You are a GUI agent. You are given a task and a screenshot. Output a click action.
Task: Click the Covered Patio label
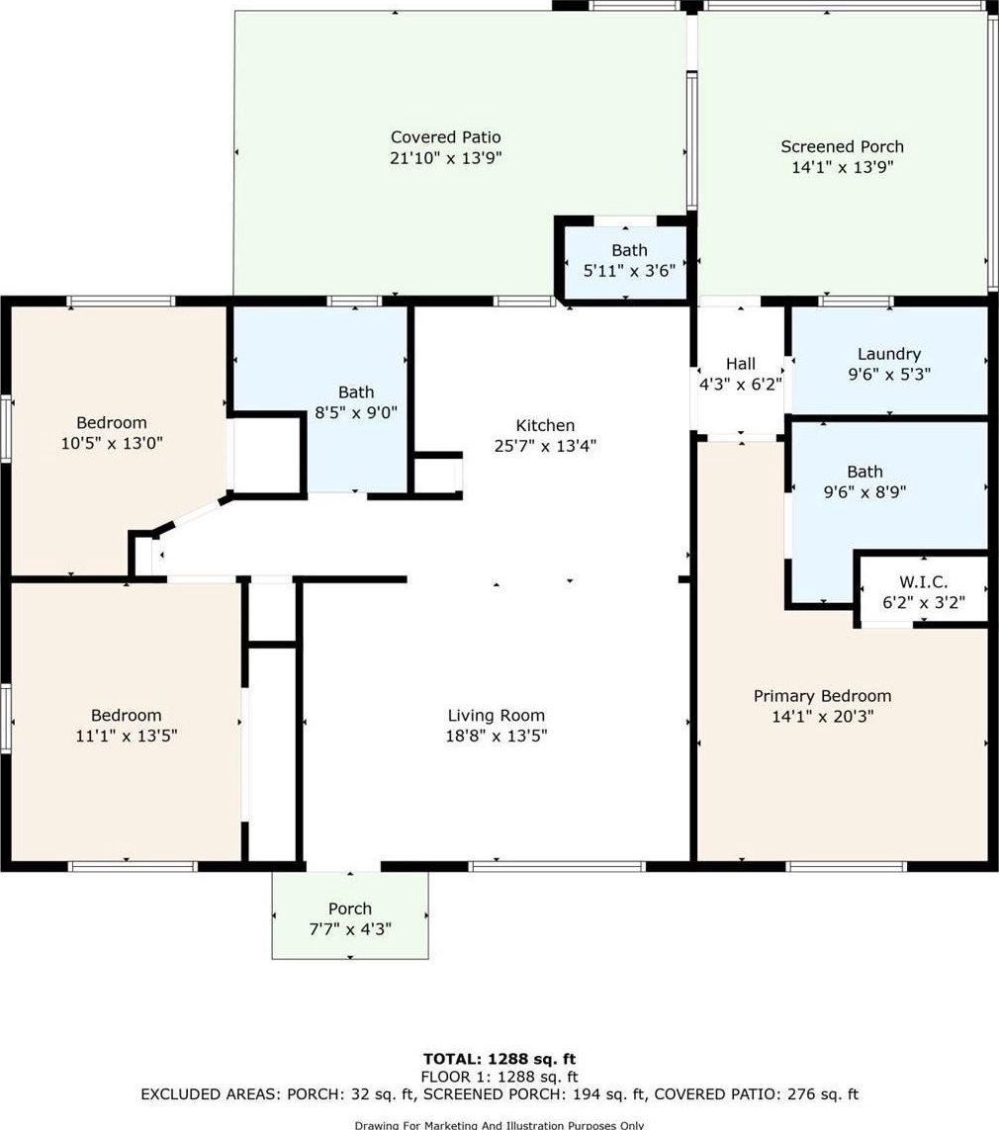pyautogui.click(x=445, y=137)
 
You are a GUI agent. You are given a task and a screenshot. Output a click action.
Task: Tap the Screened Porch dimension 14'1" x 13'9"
pyautogui.click(x=843, y=167)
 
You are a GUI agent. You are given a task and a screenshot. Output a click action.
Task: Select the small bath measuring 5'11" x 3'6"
pyautogui.click(x=629, y=261)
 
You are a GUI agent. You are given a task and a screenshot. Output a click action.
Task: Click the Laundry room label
pyautogui.click(x=889, y=354)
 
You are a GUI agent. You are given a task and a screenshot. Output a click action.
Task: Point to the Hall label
pyautogui.click(x=741, y=364)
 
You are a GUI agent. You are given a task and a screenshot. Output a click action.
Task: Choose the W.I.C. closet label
pyautogui.click(x=923, y=581)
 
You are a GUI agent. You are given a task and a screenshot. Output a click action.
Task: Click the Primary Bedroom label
pyautogui.click(x=822, y=696)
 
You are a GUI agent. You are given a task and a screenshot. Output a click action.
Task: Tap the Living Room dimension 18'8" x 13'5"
pyautogui.click(x=496, y=736)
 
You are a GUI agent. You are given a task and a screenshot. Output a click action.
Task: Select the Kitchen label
pyautogui.click(x=545, y=425)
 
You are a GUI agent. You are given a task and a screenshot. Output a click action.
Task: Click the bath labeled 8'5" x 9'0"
pyautogui.click(x=356, y=402)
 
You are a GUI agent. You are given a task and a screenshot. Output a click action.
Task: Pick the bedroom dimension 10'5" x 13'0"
pyautogui.click(x=112, y=443)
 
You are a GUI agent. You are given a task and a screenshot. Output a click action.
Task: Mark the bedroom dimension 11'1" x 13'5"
pyautogui.click(x=127, y=736)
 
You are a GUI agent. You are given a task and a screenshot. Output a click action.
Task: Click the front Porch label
pyautogui.click(x=350, y=909)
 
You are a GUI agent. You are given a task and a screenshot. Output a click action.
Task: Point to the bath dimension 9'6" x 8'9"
pyautogui.click(x=864, y=492)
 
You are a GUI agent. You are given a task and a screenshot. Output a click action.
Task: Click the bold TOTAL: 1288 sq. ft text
pyautogui.click(x=499, y=1059)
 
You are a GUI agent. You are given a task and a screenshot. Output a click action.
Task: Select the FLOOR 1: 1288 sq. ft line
pyautogui.click(x=499, y=1077)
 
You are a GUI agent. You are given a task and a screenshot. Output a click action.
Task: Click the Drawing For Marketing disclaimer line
pyautogui.click(x=499, y=1125)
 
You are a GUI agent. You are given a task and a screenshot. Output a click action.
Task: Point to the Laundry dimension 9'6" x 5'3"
pyautogui.click(x=889, y=374)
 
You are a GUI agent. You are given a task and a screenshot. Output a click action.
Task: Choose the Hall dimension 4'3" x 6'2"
pyautogui.click(x=741, y=385)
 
